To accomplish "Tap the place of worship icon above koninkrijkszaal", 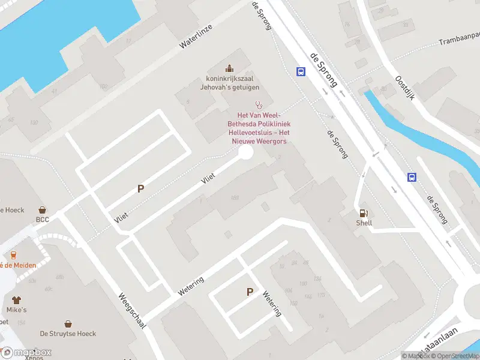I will (229, 68).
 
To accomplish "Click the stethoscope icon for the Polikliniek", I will (259, 104).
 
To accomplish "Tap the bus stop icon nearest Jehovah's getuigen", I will (301, 72).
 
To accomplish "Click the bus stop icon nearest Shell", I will (412, 177).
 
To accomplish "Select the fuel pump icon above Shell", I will (364, 213).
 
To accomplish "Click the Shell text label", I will (364, 223).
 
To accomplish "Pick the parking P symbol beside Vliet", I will (141, 188).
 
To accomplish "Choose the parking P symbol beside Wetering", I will (250, 292).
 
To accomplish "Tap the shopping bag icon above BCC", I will (43, 210).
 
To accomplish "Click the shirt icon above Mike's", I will (17, 299).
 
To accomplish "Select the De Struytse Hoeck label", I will (68, 334).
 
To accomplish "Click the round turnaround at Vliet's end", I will (245, 152).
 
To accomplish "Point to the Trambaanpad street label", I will (459, 42).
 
